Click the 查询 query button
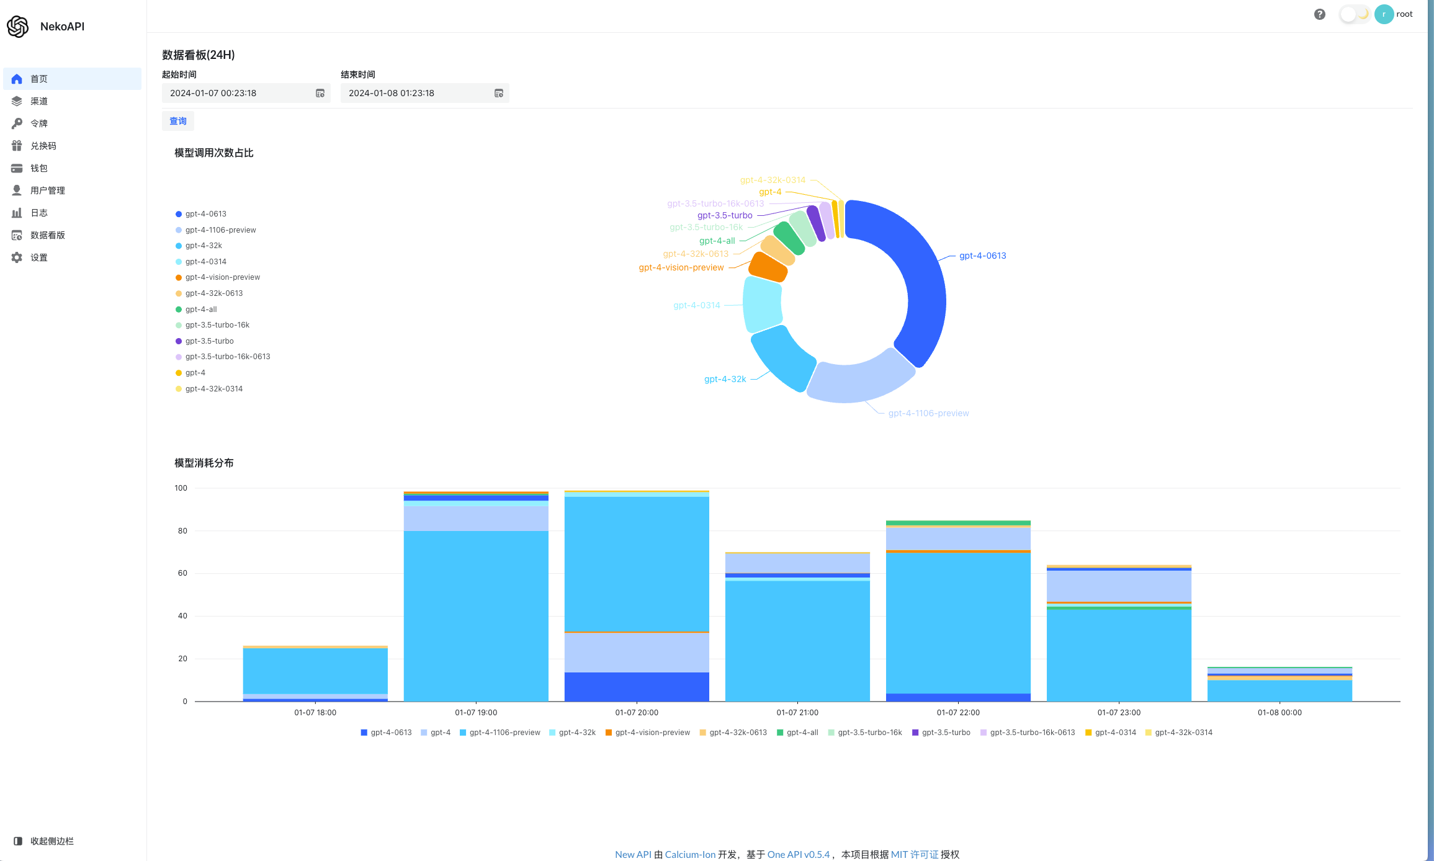click(x=178, y=121)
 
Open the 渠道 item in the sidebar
click(x=39, y=101)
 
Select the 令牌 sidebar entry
click(x=39, y=123)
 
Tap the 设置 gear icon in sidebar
click(x=17, y=257)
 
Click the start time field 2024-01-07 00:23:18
click(x=239, y=93)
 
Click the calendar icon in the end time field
click(x=498, y=93)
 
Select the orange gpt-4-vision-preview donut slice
click(x=768, y=266)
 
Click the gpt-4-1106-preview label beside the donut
click(x=928, y=413)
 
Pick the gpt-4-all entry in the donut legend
click(x=200, y=310)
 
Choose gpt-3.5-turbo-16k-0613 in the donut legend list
click(x=227, y=357)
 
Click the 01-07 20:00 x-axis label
click(x=637, y=713)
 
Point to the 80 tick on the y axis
click(x=182, y=531)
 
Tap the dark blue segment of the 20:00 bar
click(x=637, y=687)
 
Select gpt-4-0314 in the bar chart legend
click(x=1115, y=733)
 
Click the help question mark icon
click(x=1320, y=14)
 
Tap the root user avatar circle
click(x=1384, y=14)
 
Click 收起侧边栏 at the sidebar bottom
click(x=52, y=841)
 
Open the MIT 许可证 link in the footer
click(x=915, y=854)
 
